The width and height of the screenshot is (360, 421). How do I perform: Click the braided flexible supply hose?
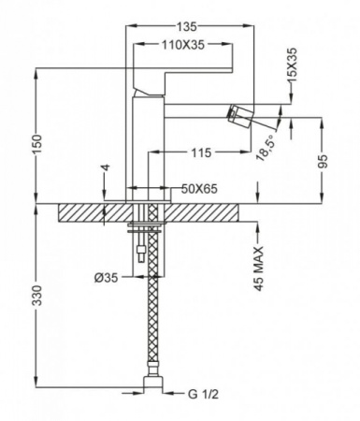click(x=148, y=318)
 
